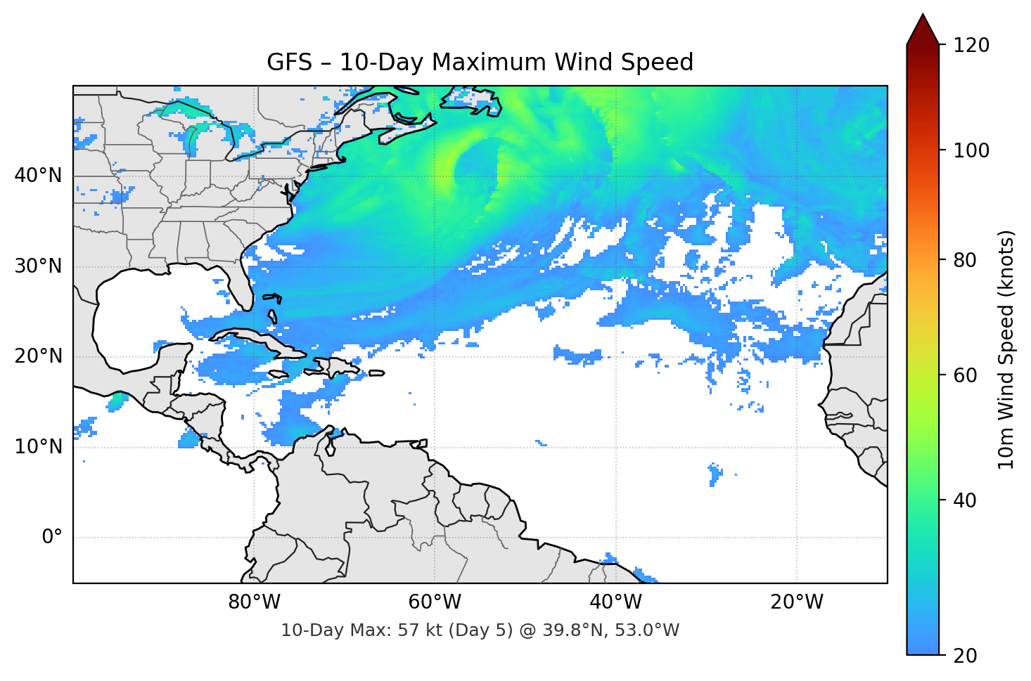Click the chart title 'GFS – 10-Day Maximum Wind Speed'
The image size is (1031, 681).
click(x=480, y=63)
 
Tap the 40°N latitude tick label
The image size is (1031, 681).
click(x=38, y=176)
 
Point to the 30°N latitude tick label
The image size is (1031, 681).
click(x=38, y=266)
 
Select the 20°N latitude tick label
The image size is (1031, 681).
click(x=38, y=356)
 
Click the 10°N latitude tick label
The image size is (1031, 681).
click(x=38, y=447)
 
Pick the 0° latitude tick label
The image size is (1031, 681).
click(x=52, y=538)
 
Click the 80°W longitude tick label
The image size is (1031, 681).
click(x=254, y=602)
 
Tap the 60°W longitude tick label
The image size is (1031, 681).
click(x=435, y=602)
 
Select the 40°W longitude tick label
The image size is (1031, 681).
click(x=616, y=602)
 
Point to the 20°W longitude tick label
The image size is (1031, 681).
click(x=797, y=602)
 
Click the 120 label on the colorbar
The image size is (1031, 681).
click(x=971, y=45)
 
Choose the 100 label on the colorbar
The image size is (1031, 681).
click(x=971, y=150)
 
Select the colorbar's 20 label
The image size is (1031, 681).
click(x=965, y=655)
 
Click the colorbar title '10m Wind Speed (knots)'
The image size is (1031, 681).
click(x=1006, y=350)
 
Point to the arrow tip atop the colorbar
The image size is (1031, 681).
click(x=923, y=15)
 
